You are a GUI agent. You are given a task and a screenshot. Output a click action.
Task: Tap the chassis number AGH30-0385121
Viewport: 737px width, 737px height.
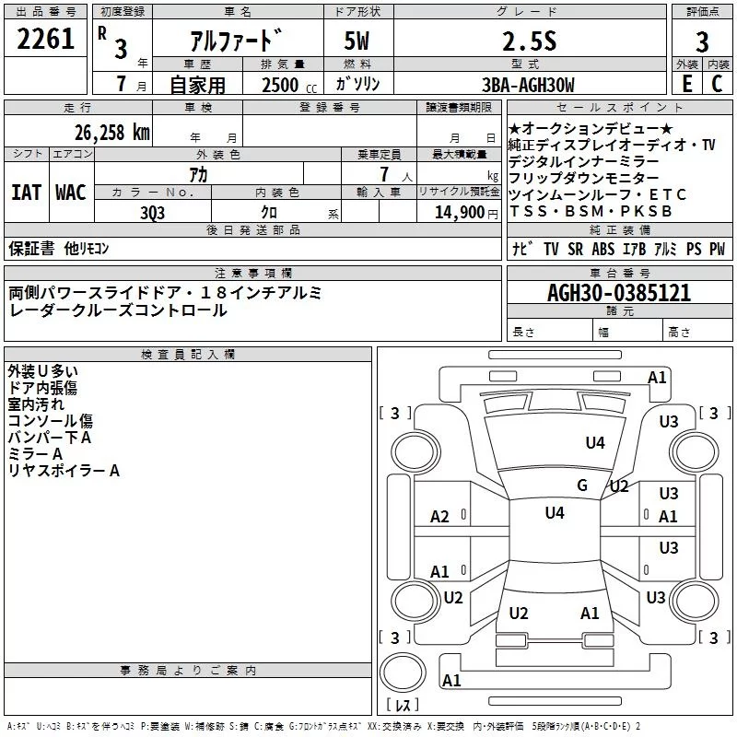click(x=618, y=294)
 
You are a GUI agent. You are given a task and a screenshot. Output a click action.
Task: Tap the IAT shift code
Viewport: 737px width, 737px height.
click(x=26, y=193)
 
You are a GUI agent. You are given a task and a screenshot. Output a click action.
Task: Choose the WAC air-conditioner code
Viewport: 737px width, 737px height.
click(x=70, y=193)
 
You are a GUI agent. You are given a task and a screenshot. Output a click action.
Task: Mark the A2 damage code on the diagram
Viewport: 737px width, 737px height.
click(x=440, y=517)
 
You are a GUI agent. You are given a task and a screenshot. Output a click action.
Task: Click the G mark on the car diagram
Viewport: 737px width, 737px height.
click(x=582, y=485)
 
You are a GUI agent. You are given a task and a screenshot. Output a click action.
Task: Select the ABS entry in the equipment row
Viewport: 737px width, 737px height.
click(x=602, y=249)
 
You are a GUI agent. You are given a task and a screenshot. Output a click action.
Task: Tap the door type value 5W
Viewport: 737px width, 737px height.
click(x=358, y=41)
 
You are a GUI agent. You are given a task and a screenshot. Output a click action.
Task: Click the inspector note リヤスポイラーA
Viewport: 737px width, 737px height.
click(x=64, y=471)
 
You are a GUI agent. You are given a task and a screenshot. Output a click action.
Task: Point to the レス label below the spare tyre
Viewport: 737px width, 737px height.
click(x=403, y=706)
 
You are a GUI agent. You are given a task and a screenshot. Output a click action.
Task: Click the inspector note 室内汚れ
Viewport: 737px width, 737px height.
click(x=38, y=404)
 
